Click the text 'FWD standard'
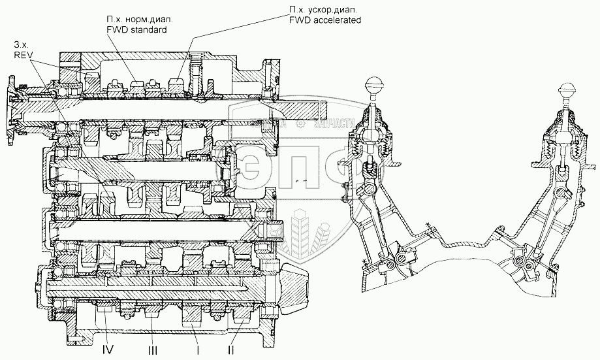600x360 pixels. [x=138, y=30]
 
